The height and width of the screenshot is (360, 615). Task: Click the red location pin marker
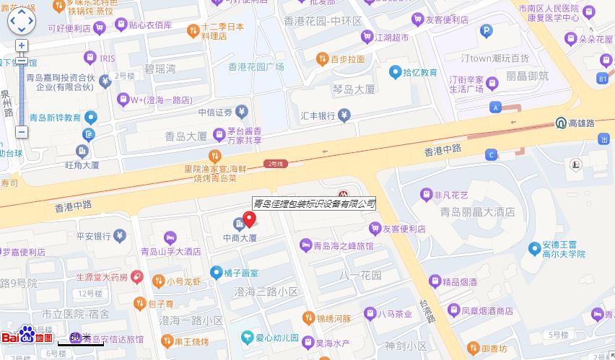pos(249,219)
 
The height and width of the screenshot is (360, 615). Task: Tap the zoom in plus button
pos(22,45)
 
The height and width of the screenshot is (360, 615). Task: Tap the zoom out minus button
pos(22,132)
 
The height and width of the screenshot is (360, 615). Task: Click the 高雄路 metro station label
pos(581,123)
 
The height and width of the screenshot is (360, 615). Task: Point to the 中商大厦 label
pos(240,237)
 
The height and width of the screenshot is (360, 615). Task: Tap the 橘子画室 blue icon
pos(216,272)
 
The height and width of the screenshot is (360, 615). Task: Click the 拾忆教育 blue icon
pos(396,72)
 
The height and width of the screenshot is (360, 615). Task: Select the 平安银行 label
pos(92,235)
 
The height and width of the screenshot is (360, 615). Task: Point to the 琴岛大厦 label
pos(354,89)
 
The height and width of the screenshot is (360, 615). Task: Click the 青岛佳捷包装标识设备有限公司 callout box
pos(314,203)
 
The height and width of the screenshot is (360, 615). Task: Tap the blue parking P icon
pos(487,31)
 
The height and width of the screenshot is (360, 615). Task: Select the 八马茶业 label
pos(398,314)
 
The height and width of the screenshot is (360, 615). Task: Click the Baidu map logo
pos(27,336)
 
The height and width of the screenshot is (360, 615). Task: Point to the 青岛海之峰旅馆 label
pos(343,246)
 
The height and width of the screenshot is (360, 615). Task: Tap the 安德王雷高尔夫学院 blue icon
pos(534,248)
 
